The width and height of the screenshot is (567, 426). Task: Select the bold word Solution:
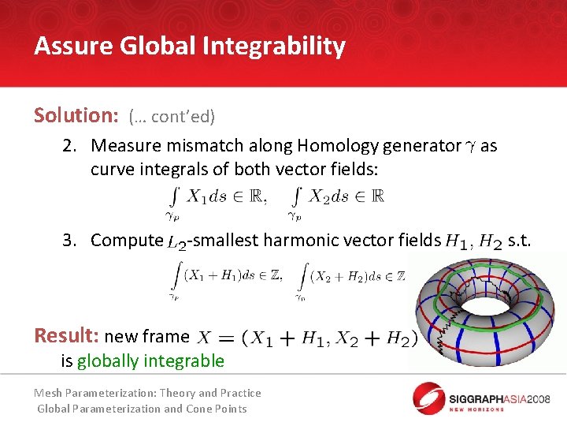click(x=76, y=115)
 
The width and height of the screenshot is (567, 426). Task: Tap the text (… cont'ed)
click(x=171, y=117)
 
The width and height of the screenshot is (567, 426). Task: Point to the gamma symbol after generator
click(x=471, y=147)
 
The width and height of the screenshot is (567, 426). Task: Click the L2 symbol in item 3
click(x=177, y=242)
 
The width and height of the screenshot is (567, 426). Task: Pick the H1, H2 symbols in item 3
click(x=473, y=241)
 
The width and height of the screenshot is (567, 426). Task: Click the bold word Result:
click(x=66, y=335)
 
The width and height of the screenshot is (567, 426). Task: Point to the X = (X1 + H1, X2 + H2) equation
click(x=308, y=338)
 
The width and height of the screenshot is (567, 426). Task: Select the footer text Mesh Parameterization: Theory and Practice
click(x=147, y=393)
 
